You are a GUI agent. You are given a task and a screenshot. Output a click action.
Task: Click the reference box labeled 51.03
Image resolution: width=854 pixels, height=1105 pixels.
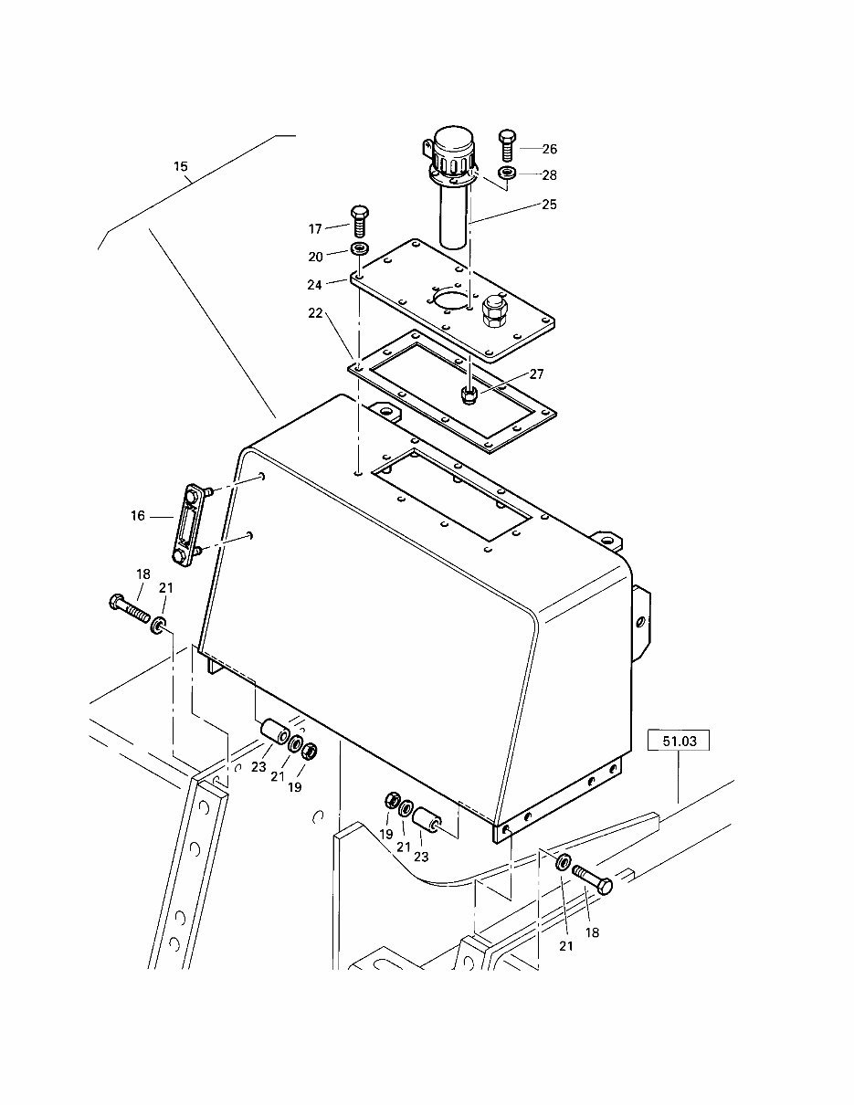[x=679, y=742]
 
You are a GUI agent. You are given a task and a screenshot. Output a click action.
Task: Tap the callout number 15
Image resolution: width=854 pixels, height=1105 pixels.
[x=181, y=166]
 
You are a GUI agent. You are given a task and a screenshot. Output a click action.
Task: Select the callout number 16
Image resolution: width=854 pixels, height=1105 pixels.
[x=138, y=516]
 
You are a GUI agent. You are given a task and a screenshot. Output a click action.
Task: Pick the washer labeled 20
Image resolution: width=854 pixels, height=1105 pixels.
[x=361, y=250]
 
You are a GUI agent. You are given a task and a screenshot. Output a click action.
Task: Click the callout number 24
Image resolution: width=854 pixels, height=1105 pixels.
[x=314, y=284]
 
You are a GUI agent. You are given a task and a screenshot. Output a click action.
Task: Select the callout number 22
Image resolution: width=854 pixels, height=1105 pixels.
[x=314, y=313]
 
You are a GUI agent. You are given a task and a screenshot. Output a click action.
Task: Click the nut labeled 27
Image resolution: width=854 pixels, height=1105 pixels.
[x=469, y=395]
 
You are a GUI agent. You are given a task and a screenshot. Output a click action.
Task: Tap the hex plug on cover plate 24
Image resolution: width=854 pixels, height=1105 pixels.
[x=495, y=311]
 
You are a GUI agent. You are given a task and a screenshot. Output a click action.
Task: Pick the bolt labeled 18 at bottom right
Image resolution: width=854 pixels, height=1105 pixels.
[x=594, y=880]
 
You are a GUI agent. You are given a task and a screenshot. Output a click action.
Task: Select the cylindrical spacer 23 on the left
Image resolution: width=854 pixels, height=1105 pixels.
[x=272, y=733]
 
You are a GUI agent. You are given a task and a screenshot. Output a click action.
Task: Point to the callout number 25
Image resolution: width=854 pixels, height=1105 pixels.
[x=549, y=205]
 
